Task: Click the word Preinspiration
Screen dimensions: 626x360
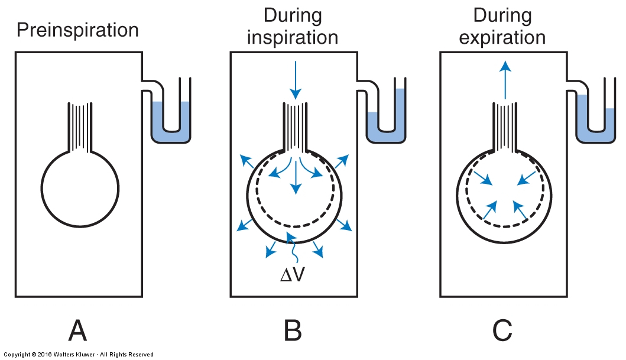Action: click(77, 31)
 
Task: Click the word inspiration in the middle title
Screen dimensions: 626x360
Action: click(293, 37)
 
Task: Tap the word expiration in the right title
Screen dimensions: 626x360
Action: click(502, 37)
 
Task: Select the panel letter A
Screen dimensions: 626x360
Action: click(78, 330)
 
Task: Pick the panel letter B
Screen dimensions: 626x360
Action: click(293, 330)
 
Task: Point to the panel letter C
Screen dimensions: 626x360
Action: click(502, 330)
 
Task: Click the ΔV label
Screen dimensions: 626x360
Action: click(293, 275)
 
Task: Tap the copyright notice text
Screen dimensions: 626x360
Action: click(79, 355)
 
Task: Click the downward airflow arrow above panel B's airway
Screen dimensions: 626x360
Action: click(296, 80)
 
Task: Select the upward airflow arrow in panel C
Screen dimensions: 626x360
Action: click(505, 80)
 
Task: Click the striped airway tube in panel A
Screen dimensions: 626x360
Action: click(80, 127)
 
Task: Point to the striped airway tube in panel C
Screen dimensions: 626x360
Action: click(505, 127)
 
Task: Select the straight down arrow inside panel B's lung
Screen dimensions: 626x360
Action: click(296, 175)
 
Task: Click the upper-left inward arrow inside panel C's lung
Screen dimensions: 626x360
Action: click(483, 178)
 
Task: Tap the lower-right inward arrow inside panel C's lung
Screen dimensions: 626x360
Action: click(520, 210)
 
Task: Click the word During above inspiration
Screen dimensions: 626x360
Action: click(293, 16)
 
